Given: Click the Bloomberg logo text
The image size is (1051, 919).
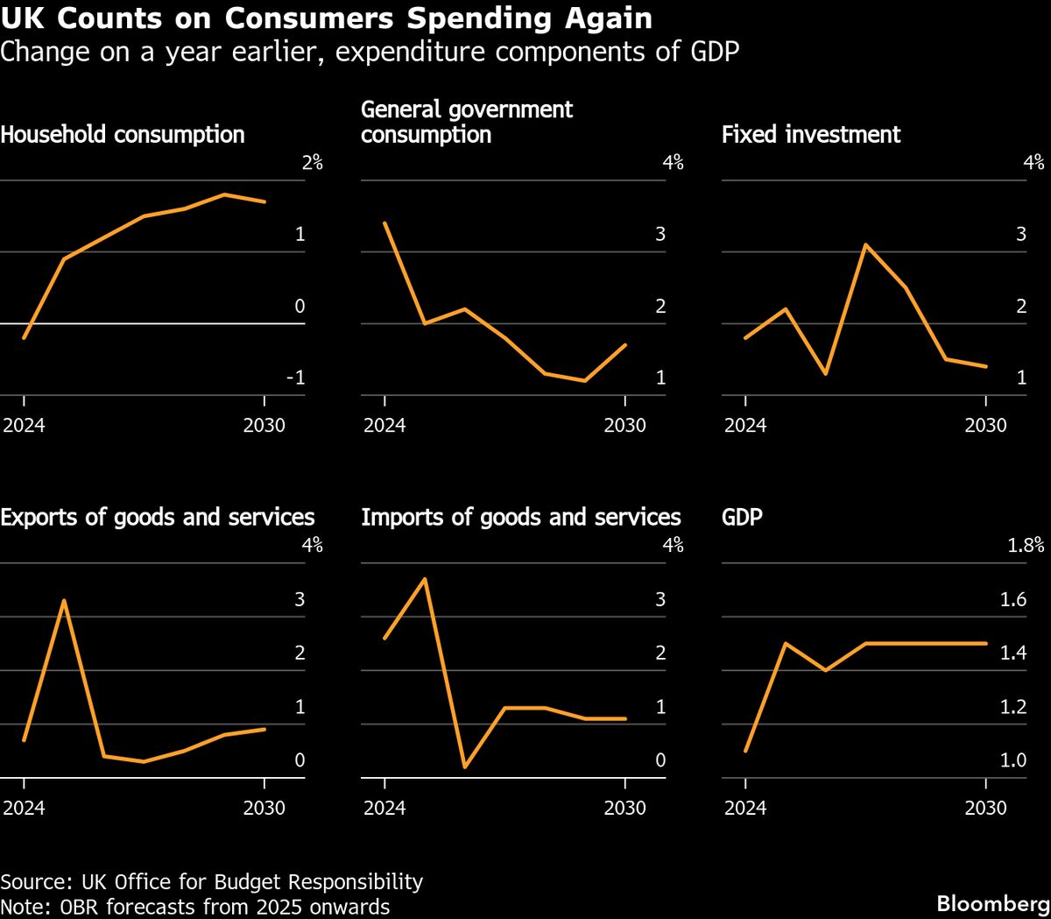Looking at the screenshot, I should tap(993, 903).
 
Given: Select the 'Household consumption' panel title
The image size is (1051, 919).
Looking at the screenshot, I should tap(123, 134).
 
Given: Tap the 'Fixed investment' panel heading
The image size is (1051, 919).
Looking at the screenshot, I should tap(811, 134).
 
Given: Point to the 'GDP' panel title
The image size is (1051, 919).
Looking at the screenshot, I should tap(742, 517).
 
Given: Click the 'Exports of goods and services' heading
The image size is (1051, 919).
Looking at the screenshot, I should tap(158, 517).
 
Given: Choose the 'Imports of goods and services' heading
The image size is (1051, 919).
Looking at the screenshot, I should tap(521, 517).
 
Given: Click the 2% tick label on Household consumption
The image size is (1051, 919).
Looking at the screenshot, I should tap(312, 162).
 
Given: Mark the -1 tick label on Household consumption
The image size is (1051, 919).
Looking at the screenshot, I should tap(295, 378).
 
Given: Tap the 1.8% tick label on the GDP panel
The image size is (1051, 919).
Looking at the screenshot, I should tap(1026, 545).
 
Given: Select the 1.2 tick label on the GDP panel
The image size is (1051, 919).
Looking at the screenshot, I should tap(1013, 706).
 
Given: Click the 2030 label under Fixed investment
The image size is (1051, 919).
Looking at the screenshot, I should tap(986, 425).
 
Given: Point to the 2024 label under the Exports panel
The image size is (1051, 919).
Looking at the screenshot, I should tap(24, 807).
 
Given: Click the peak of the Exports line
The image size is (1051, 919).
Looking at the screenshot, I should tap(64, 600).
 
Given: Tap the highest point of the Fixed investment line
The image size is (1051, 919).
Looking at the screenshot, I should tap(865, 244).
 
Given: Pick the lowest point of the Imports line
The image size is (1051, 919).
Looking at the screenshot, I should tap(465, 767).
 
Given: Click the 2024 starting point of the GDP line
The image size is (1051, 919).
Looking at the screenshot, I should tap(745, 751).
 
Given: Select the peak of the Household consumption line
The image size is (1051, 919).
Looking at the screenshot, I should tap(224, 194).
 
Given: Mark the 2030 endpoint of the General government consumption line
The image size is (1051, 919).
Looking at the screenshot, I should tap(625, 344).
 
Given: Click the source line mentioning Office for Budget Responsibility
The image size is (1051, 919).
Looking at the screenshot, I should tap(212, 881).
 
